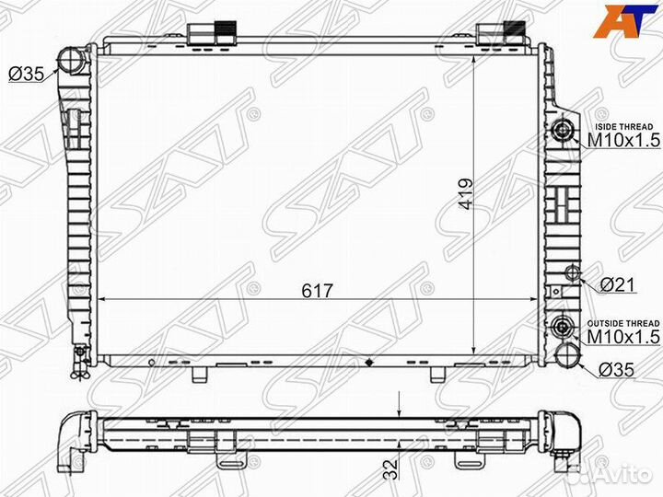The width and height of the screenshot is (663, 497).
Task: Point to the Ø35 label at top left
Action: pyautogui.click(x=26, y=75)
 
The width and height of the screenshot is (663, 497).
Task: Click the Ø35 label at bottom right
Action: pyautogui.click(x=616, y=370)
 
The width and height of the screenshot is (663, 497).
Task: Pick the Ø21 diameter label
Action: pyautogui.click(x=616, y=286)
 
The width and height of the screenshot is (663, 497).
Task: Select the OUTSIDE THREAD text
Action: pyautogui.click(x=623, y=324)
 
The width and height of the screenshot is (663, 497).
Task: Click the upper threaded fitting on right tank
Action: pyautogui.click(x=563, y=129)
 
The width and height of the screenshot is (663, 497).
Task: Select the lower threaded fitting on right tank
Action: pyautogui.click(x=564, y=327)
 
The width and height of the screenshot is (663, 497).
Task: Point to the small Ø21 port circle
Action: pyautogui.click(x=573, y=272)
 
